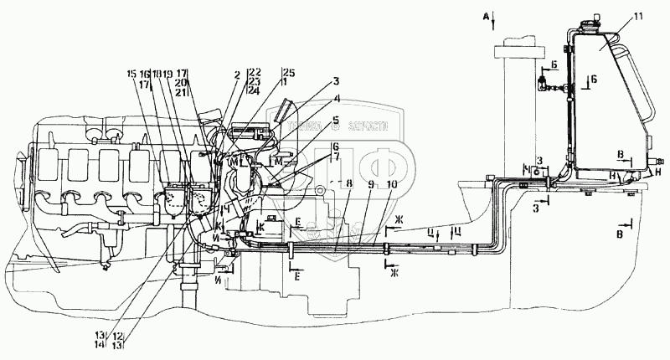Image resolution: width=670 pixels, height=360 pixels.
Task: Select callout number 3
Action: point(335,82)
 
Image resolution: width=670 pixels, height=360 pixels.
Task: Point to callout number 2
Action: point(238,75)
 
